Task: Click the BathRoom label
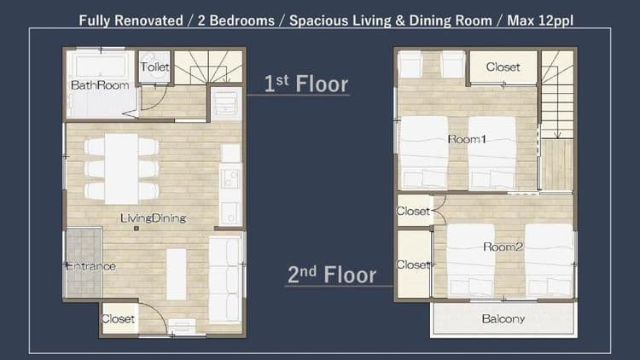[x=100, y=85]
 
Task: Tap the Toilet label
[x=154, y=67]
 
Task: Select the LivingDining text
[x=153, y=218]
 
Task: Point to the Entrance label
[x=90, y=266]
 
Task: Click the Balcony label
[x=503, y=319]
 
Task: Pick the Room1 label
[x=467, y=140]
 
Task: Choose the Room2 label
[x=503, y=247]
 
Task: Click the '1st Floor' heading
[x=305, y=84]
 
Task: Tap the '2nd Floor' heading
[x=331, y=275]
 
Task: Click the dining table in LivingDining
[x=121, y=169]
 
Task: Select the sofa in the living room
[x=225, y=280]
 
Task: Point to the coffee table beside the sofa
[x=177, y=275]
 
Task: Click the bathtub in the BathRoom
[x=101, y=66]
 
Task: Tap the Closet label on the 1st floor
[x=118, y=319]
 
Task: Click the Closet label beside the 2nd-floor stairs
[x=503, y=67]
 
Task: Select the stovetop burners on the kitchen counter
[x=230, y=179]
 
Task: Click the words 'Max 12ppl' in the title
[x=540, y=20]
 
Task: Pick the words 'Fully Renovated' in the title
[x=131, y=20]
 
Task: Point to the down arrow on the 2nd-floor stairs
[x=557, y=123]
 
